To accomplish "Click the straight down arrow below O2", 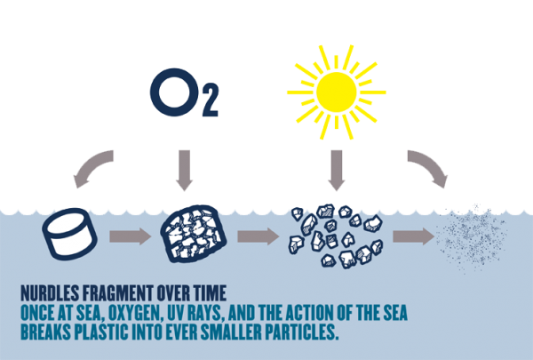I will coord(185,170).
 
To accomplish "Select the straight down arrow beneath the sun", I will coord(336,170).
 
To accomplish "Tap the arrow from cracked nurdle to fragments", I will coord(257,237).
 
